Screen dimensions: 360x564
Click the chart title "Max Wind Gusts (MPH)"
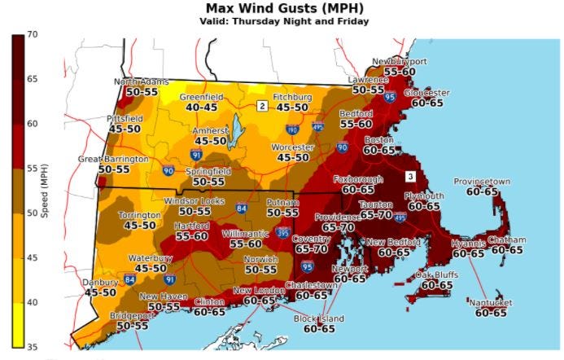coord(281,8)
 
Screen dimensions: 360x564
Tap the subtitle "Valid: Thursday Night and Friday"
coord(281,21)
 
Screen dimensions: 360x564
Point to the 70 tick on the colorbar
coord(33,35)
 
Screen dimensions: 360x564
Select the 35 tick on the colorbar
coord(33,347)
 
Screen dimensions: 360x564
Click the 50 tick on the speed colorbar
coord(33,213)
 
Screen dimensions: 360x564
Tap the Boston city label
coord(378,140)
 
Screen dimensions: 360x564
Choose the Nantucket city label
coord(491,302)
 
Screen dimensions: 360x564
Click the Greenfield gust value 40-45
coord(201,106)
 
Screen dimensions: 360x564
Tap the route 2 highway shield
coord(262,106)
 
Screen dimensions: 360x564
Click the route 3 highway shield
coord(411,176)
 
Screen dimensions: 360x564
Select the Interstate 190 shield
coord(292,129)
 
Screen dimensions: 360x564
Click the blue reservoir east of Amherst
coord(237,128)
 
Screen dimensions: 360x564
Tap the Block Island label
coord(319,318)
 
